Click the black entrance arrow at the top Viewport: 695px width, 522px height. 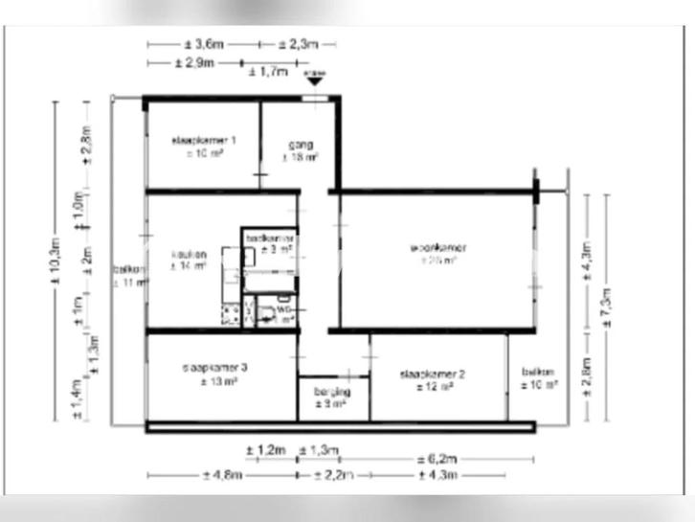[313, 81]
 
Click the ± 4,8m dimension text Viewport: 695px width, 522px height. [222, 474]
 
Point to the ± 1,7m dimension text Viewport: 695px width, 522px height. [267, 71]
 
